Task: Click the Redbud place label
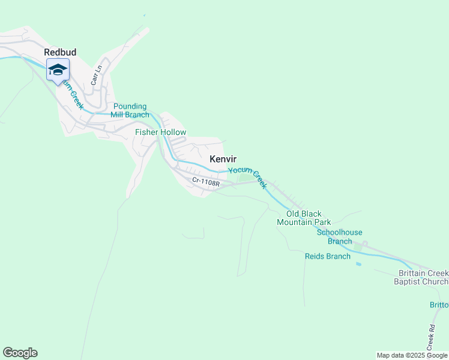pos(60,52)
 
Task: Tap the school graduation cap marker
pos(58,70)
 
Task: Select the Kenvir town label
pos(223,159)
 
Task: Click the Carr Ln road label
pos(94,74)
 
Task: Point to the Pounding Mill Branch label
pos(131,110)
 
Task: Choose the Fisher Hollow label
pos(160,132)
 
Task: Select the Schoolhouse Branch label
pos(339,237)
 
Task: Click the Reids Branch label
pos(328,256)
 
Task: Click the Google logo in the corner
pos(20,353)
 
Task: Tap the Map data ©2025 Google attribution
pos(412,355)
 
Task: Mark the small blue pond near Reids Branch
pos(359,264)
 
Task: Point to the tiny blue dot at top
pos(145,16)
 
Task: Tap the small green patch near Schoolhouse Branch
pos(360,246)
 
